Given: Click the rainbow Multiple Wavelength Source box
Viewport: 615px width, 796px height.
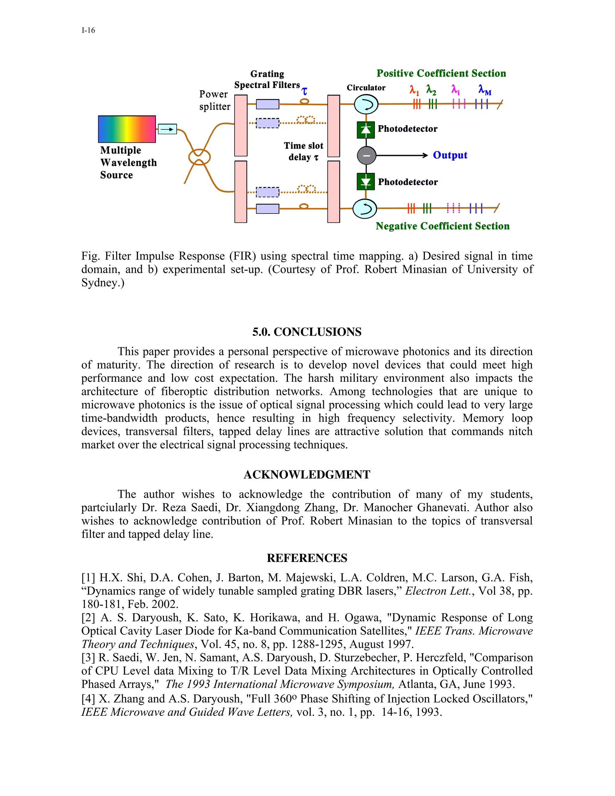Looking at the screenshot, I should click(127, 129).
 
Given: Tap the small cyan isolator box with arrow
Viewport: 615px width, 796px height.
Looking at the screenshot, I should click(167, 129).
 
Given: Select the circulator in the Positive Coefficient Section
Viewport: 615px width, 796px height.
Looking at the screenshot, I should click(366, 105).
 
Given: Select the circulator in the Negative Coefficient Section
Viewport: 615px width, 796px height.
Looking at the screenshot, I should click(365, 209).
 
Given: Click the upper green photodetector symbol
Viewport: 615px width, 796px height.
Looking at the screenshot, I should click(366, 130).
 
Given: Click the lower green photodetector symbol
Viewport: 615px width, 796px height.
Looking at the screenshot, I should click(366, 182).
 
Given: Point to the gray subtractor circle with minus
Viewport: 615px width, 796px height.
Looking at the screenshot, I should click(366, 156).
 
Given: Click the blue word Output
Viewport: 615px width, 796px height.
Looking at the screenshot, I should click(450, 155).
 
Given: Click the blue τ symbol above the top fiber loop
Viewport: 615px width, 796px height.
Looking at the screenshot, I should click(304, 91).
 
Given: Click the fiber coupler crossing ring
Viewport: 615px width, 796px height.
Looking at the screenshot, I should click(199, 157).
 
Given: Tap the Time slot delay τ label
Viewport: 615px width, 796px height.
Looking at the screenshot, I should click(304, 151).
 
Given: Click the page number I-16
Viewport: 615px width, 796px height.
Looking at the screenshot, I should click(88, 30).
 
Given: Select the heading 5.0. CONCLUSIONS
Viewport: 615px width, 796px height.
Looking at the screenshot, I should click(307, 332).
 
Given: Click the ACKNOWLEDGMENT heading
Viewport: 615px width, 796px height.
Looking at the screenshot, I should click(307, 475).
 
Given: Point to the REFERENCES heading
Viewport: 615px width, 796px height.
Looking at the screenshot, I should click(307, 558).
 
